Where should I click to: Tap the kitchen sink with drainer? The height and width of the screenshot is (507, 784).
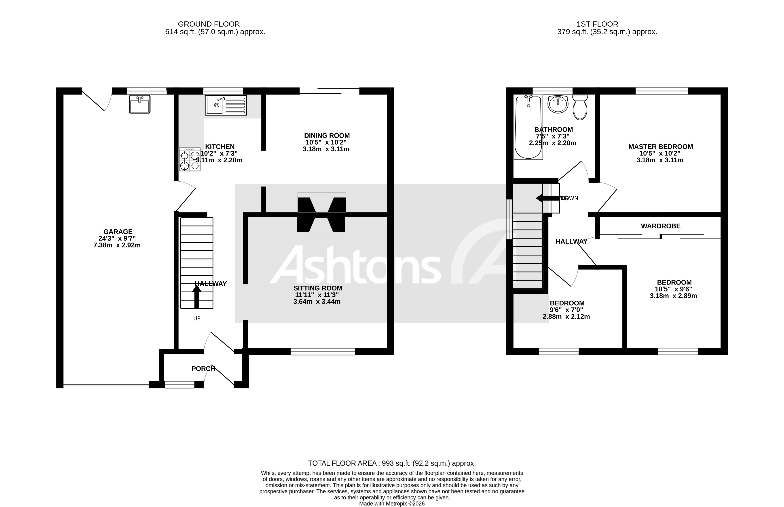pyautogui.click(x=226, y=105)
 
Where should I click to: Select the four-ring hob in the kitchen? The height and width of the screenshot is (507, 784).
pyautogui.click(x=189, y=159)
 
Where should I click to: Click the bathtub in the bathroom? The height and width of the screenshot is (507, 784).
pyautogui.click(x=528, y=127)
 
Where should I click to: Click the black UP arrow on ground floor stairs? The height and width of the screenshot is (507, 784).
pyautogui.click(x=197, y=296)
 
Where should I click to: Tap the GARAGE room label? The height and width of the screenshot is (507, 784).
pyautogui.click(x=118, y=232)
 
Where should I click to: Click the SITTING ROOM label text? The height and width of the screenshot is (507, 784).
pyautogui.click(x=317, y=288)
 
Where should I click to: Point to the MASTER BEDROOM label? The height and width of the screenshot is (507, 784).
pyautogui.click(x=660, y=147)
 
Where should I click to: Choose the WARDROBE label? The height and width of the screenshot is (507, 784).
pyautogui.click(x=660, y=226)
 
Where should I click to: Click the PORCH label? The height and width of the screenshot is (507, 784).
pyautogui.click(x=203, y=369)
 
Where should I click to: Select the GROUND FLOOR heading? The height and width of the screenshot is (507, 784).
pyautogui.click(x=209, y=24)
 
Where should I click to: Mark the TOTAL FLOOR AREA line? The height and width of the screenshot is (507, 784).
pyautogui.click(x=392, y=463)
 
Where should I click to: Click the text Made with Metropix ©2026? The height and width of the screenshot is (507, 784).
pyautogui.click(x=392, y=503)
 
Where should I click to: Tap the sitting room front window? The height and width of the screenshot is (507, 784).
pyautogui.click(x=323, y=352)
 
